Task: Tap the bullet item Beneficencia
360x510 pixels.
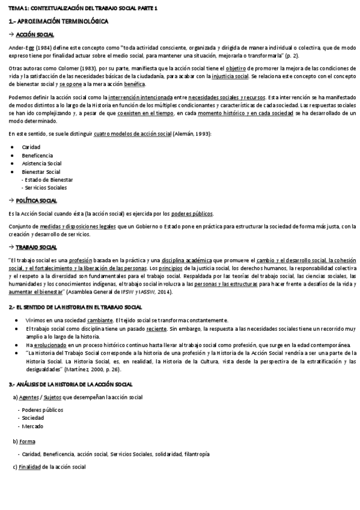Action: click(37, 155)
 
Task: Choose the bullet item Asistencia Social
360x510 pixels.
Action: click(41, 164)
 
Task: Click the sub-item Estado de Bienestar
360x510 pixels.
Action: click(49, 180)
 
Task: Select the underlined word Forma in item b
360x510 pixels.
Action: click(27, 441)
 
